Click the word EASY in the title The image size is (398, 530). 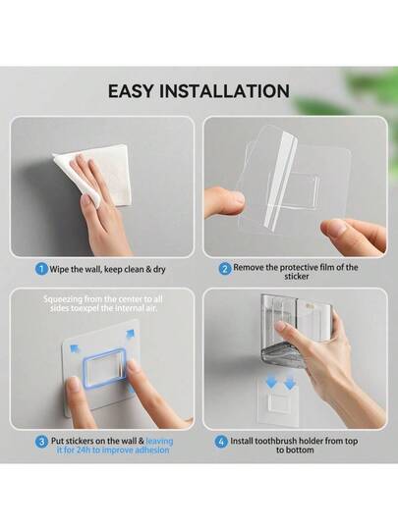130,91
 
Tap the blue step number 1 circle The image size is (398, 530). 41,269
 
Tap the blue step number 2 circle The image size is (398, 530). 225,269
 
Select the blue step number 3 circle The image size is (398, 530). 41,442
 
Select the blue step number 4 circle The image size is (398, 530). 221,442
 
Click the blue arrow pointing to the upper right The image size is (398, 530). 130,335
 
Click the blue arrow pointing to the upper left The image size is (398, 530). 75,348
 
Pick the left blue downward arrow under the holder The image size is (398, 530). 271,382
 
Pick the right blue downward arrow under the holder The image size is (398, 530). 290,382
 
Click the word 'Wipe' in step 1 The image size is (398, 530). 59,269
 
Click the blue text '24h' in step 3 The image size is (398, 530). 84,450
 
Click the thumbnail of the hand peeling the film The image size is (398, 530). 295,186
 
